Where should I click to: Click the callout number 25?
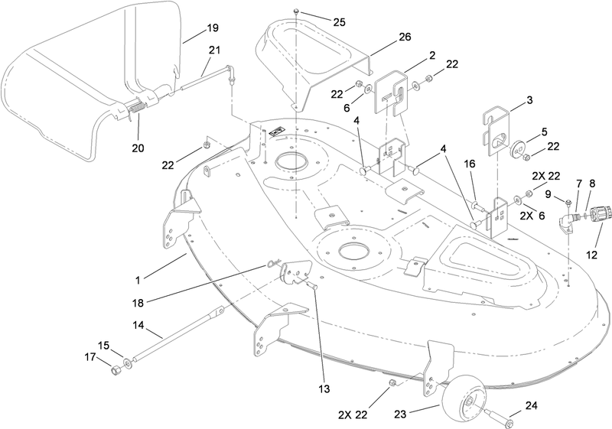(x=339, y=22)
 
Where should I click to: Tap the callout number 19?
(x=213, y=28)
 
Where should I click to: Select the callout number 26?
(x=405, y=37)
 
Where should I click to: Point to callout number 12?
(x=591, y=255)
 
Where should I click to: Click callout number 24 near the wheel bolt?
(x=531, y=405)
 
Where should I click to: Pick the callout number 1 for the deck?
(x=138, y=280)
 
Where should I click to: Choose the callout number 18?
(x=138, y=303)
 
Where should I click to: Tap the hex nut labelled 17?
(x=116, y=369)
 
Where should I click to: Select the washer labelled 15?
(x=127, y=364)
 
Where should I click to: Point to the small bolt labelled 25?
(x=297, y=11)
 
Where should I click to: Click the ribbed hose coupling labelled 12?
(x=597, y=214)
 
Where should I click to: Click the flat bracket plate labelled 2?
(x=390, y=93)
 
